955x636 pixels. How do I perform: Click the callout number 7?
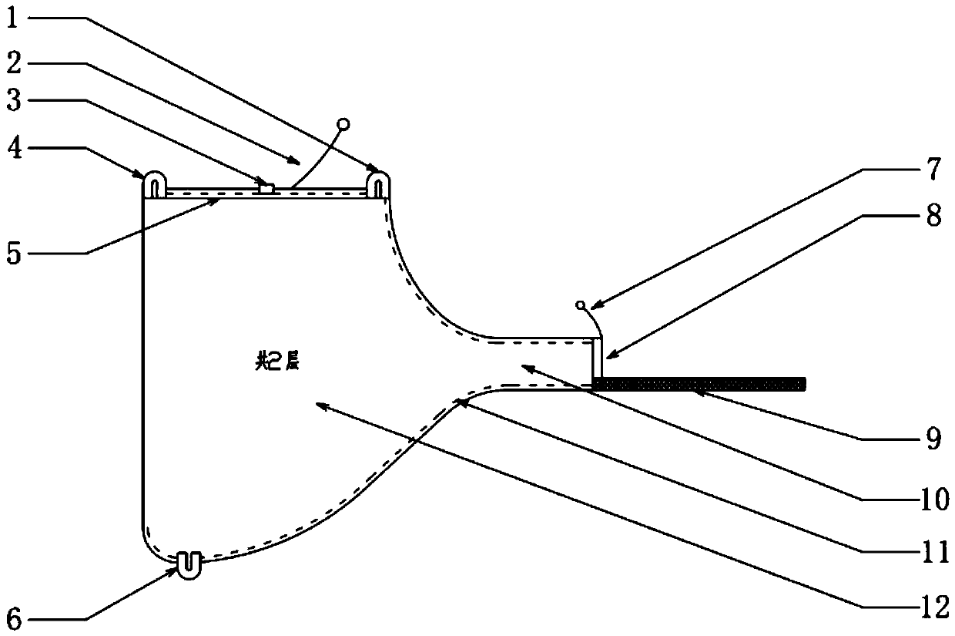[933, 168]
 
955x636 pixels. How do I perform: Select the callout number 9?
[933, 439]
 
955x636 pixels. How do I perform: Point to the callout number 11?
[933, 554]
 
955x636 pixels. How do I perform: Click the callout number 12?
[933, 609]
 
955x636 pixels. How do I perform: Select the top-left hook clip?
[154, 183]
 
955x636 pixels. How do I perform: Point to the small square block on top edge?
[266, 187]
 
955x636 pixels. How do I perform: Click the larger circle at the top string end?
[343, 123]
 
